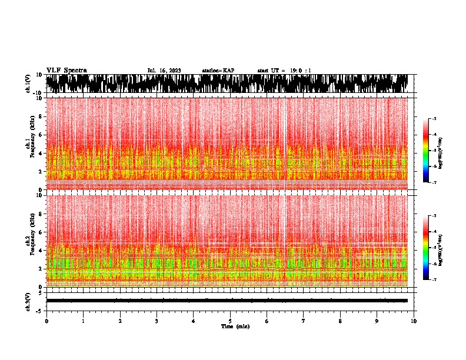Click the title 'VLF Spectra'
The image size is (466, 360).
(x=66, y=70)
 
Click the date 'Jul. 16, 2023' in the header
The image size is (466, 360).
(x=164, y=71)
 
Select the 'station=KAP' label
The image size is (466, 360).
(x=218, y=71)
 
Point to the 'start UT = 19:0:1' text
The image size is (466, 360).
(x=284, y=71)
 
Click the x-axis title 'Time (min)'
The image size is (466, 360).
(x=235, y=326)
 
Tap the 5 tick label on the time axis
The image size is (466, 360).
(x=230, y=321)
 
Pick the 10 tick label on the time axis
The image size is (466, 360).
(x=414, y=321)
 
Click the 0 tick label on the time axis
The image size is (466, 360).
(x=46, y=321)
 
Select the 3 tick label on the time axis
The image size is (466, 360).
(x=157, y=321)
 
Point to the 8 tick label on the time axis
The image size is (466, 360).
(x=340, y=321)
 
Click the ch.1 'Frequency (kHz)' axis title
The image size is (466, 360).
(x=31, y=143)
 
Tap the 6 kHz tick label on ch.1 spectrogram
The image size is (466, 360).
(x=39, y=135)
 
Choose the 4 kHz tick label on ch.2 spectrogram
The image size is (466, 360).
(x=39, y=250)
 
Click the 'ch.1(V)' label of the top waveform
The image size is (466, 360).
(x=28, y=84)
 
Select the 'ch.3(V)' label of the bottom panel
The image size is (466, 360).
(x=28, y=301)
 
